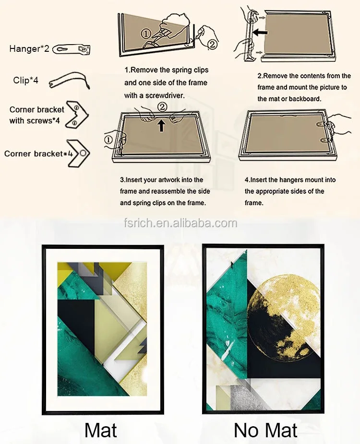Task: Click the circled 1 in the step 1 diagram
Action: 146,34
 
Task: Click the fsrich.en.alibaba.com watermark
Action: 180,223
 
